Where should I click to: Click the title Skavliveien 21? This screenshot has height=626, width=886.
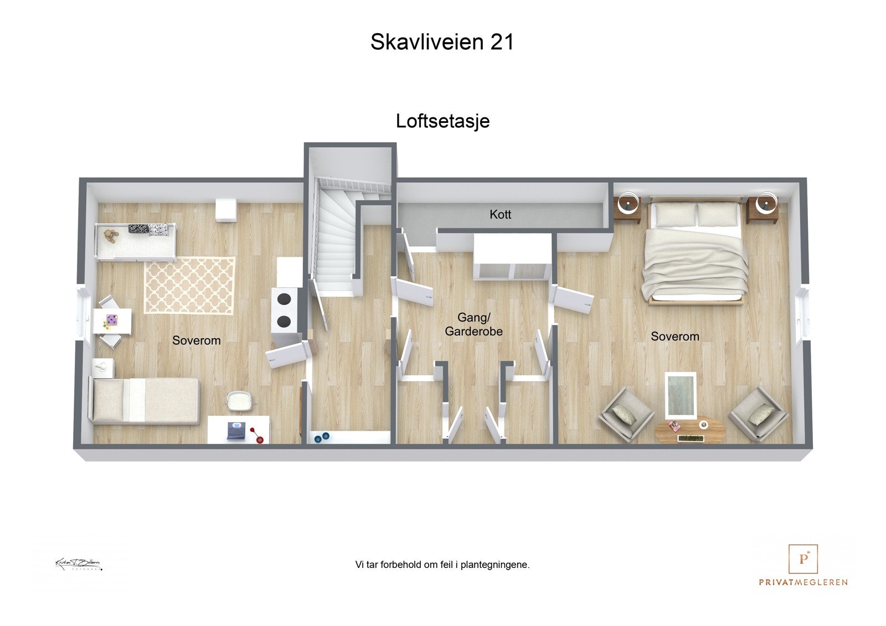(442, 42)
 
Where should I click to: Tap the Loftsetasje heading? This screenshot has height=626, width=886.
(442, 121)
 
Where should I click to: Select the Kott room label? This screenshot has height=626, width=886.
(500, 215)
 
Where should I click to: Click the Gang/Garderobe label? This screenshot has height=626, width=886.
(473, 325)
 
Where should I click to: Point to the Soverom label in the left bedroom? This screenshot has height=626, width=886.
(196, 340)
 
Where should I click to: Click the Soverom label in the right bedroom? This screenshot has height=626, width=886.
(674, 337)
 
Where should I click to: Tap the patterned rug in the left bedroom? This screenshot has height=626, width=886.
(189, 285)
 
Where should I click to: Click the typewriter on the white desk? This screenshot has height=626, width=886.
(236, 431)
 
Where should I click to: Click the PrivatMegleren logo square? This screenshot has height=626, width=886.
(803, 559)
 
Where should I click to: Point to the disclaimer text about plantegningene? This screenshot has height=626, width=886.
(442, 565)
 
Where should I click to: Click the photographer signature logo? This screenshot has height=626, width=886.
(78, 564)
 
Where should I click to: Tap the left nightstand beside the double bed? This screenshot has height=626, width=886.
(629, 209)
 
